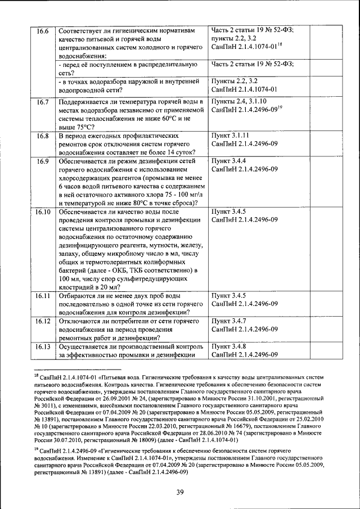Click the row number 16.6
[x=42, y=30]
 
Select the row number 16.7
[x=42, y=102]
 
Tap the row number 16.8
[x=42, y=136]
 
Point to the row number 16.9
[x=42, y=161]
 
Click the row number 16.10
[x=43, y=212]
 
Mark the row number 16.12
[x=43, y=321]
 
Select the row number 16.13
[x=43, y=346]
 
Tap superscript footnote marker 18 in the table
[x=279, y=44]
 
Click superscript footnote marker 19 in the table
[x=279, y=108]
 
